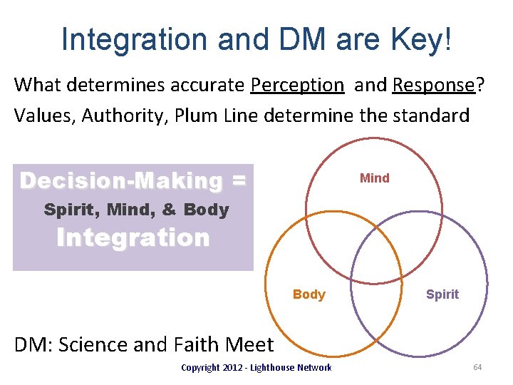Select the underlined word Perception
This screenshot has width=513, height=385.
point(297,85)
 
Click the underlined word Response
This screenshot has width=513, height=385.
point(433,85)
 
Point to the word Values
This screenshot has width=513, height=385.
point(43,115)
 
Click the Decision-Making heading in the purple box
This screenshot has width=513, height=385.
point(121,180)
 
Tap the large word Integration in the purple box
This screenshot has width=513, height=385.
point(133,237)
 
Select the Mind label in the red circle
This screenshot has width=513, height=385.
point(375,178)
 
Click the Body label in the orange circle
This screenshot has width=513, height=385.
point(309,294)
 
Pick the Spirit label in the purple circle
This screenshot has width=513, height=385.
point(442,294)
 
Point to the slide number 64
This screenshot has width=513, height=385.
point(477,367)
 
